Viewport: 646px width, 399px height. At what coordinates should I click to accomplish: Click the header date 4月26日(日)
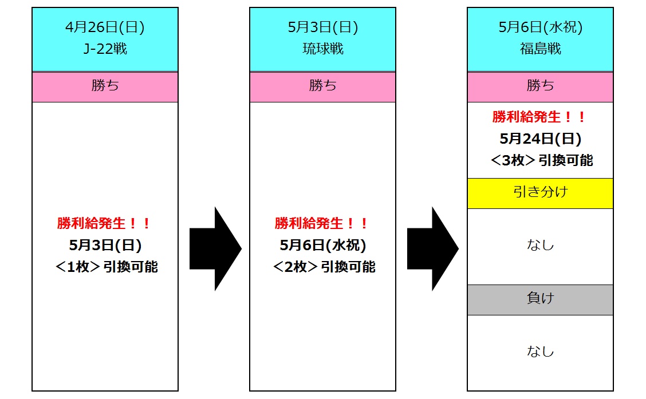[105, 27]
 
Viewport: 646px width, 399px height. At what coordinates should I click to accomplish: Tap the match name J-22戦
[105, 49]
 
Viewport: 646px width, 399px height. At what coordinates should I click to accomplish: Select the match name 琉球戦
[322, 49]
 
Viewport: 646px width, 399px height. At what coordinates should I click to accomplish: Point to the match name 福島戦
[540, 49]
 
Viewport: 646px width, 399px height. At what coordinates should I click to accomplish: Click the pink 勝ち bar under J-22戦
[105, 86]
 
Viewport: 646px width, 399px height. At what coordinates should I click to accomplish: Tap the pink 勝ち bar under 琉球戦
[322, 86]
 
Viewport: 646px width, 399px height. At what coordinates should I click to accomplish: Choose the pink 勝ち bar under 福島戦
[540, 86]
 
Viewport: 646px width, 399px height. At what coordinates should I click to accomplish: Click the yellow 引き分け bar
[540, 192]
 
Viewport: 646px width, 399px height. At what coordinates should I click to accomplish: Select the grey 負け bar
[540, 299]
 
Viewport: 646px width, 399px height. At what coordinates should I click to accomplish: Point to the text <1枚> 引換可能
[106, 267]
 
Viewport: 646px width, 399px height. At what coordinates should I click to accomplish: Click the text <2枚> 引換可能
[324, 267]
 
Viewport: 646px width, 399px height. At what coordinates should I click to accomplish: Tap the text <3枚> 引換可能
[541, 160]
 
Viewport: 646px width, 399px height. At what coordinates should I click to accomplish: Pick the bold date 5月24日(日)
[540, 139]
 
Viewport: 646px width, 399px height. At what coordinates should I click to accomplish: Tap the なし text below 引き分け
[540, 246]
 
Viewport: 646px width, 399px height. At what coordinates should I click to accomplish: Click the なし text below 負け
[540, 351]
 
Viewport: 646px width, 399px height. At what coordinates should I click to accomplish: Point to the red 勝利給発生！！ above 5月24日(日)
[539, 117]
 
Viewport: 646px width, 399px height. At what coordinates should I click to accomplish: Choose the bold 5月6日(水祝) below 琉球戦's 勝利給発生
[322, 245]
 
